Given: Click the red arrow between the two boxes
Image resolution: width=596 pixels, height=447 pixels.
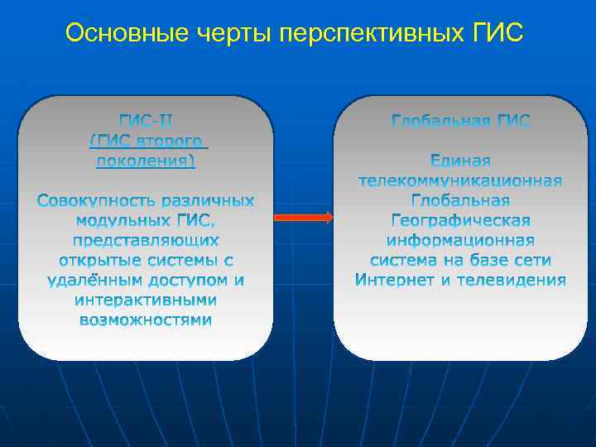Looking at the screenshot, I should [x=303, y=218].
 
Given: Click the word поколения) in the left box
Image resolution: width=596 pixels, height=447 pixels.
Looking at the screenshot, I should [x=146, y=161].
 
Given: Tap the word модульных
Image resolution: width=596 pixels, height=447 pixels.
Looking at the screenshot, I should [x=124, y=221].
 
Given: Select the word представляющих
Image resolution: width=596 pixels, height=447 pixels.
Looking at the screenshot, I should [x=146, y=241].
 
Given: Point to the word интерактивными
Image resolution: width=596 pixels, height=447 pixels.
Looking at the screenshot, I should [x=146, y=300].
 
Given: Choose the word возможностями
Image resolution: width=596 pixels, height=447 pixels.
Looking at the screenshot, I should [x=146, y=320].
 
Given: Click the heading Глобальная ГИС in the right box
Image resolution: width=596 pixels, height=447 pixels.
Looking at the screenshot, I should [x=460, y=122].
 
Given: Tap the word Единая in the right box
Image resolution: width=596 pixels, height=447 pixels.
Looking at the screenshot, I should [x=460, y=161].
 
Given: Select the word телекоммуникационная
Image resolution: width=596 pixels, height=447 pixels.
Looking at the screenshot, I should [x=460, y=180].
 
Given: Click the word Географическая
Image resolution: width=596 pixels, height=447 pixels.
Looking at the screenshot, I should [x=460, y=220].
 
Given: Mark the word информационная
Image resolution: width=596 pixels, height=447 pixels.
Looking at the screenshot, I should [x=460, y=240].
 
